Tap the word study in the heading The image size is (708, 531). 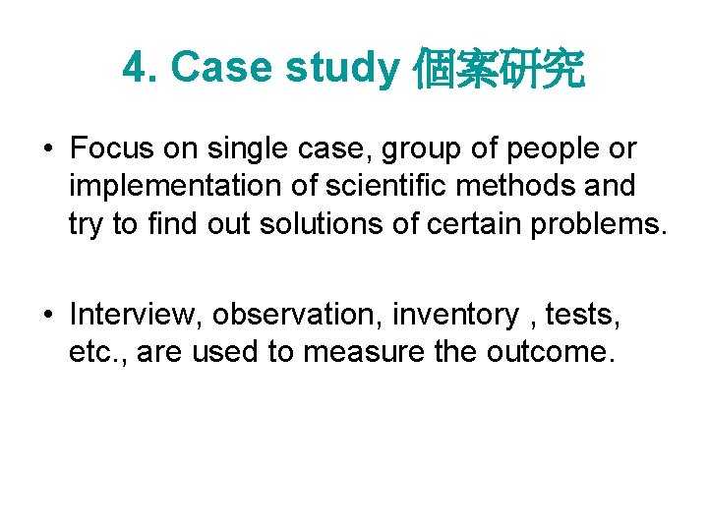pos(343,68)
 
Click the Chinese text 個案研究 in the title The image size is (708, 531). pos(500,69)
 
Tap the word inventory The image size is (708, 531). pos(454,316)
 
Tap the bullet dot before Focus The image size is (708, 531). pos(47,150)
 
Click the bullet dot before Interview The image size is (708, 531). pos(47,316)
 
